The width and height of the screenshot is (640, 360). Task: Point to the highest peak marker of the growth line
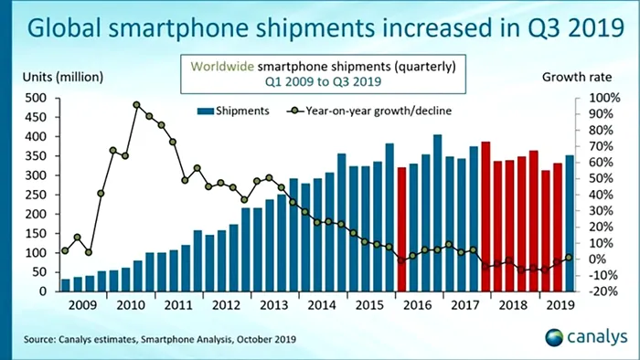point(137,105)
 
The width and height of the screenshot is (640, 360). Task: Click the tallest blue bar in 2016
point(437,213)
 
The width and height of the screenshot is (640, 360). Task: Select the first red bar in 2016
point(401,229)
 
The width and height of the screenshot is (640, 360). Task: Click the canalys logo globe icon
point(555,339)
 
